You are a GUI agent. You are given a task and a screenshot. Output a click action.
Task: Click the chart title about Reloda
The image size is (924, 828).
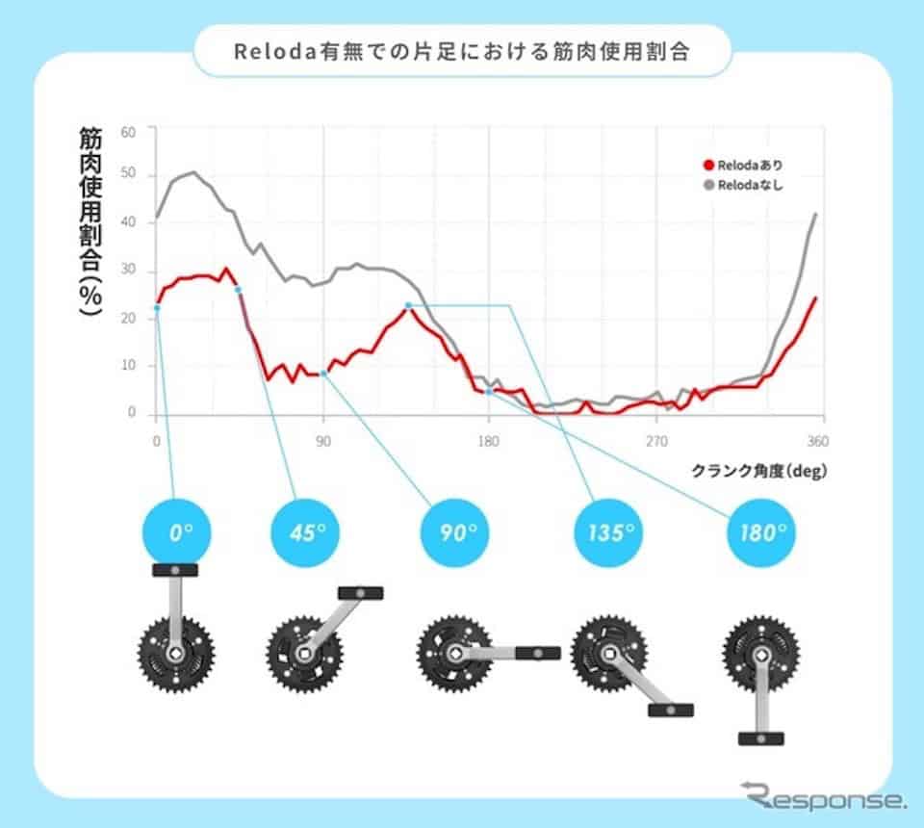(462, 51)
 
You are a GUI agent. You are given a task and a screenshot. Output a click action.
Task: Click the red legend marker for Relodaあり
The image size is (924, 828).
(709, 165)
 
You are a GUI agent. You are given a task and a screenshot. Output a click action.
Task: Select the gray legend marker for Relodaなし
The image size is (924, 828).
(709, 184)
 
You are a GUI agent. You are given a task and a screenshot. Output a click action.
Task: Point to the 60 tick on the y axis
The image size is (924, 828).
(129, 130)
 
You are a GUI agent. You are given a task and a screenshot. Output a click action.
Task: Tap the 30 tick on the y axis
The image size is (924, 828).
(129, 272)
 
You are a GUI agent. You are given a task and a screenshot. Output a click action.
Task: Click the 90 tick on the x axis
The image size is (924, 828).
(323, 442)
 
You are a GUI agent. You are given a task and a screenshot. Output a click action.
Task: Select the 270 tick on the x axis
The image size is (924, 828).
(656, 442)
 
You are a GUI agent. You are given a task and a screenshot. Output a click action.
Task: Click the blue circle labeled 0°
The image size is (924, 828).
(175, 532)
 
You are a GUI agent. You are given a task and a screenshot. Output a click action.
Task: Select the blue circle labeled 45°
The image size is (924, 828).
(302, 532)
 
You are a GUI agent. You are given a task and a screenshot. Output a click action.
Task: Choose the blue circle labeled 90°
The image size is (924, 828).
(454, 532)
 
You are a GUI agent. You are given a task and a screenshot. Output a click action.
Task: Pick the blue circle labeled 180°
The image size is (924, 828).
(760, 532)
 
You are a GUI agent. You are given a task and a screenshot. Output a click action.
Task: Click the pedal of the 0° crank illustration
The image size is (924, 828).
(175, 570)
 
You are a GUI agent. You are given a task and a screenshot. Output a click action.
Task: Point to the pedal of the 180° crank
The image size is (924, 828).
(760, 738)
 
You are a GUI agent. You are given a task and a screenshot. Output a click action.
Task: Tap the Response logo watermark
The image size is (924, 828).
(822, 797)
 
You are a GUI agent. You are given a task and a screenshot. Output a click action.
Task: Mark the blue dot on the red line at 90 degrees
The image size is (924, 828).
(323, 374)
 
